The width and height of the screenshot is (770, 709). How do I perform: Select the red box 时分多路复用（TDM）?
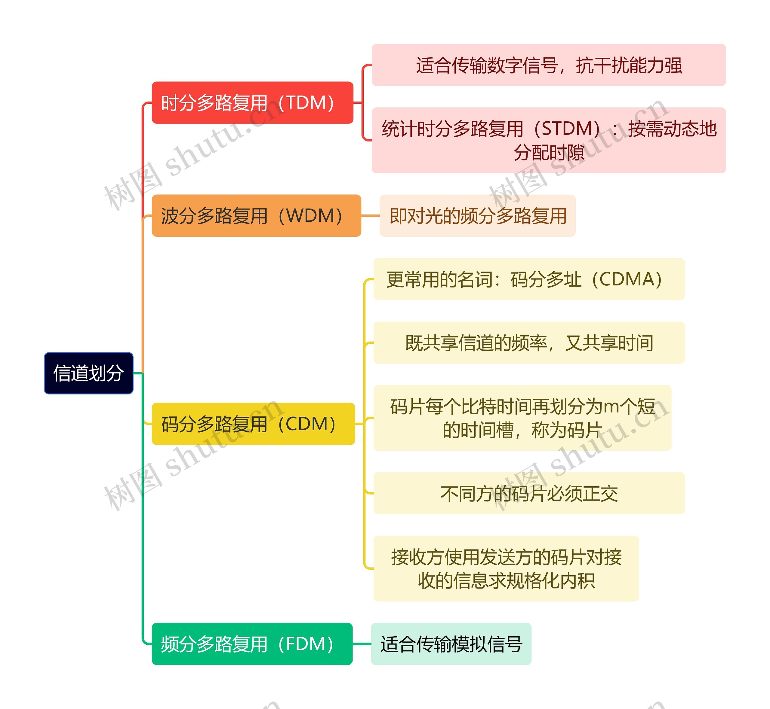pyautogui.click(x=252, y=103)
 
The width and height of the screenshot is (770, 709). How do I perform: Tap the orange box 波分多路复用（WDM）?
pyautogui.click(x=256, y=216)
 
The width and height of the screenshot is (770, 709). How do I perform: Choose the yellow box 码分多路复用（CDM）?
pyautogui.click(x=253, y=424)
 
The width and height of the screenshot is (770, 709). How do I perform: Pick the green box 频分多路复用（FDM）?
pyautogui.click(x=252, y=644)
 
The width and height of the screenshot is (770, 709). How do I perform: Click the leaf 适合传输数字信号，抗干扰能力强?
pyautogui.click(x=548, y=65)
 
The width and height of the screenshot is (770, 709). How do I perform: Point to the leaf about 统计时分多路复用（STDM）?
pyautogui.click(x=548, y=140)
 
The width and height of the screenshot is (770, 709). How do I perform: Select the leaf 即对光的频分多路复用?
pyautogui.click(x=477, y=216)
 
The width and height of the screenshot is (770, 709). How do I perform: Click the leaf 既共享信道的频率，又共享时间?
pyautogui.click(x=528, y=342)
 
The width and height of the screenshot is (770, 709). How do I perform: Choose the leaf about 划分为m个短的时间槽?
pyautogui.click(x=522, y=418)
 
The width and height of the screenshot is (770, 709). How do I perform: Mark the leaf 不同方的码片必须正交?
pyautogui.click(x=528, y=493)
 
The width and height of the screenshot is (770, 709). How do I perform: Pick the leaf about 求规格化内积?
pyautogui.click(x=506, y=569)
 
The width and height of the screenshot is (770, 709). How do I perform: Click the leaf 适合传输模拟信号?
pyautogui.click(x=451, y=644)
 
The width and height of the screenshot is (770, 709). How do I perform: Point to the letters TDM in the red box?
pyautogui.click(x=306, y=103)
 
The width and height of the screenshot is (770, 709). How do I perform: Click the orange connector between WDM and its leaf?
pyautogui.click(x=370, y=216)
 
